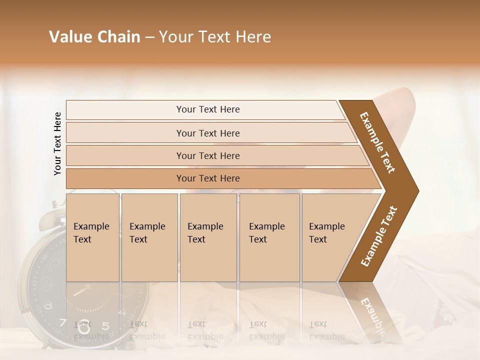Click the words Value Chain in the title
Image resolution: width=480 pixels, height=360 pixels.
[x=94, y=37]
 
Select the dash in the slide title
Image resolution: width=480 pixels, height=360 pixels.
[x=149, y=37]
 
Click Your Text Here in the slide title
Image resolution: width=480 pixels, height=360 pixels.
[x=215, y=37]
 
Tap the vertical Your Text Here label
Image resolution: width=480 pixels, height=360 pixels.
[x=57, y=144]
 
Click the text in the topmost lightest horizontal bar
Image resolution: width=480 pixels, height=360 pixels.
[x=208, y=109]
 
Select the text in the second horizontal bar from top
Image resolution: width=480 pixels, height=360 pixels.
[x=208, y=133]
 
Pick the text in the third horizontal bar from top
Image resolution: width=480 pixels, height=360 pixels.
[x=208, y=155]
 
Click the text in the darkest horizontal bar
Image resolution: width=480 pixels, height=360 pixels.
[x=208, y=178]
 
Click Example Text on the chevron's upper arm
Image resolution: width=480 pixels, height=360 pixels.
[x=378, y=142]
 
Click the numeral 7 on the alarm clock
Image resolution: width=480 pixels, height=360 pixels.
[x=62, y=322]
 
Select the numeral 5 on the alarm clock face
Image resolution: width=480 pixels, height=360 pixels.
[x=105, y=326]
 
